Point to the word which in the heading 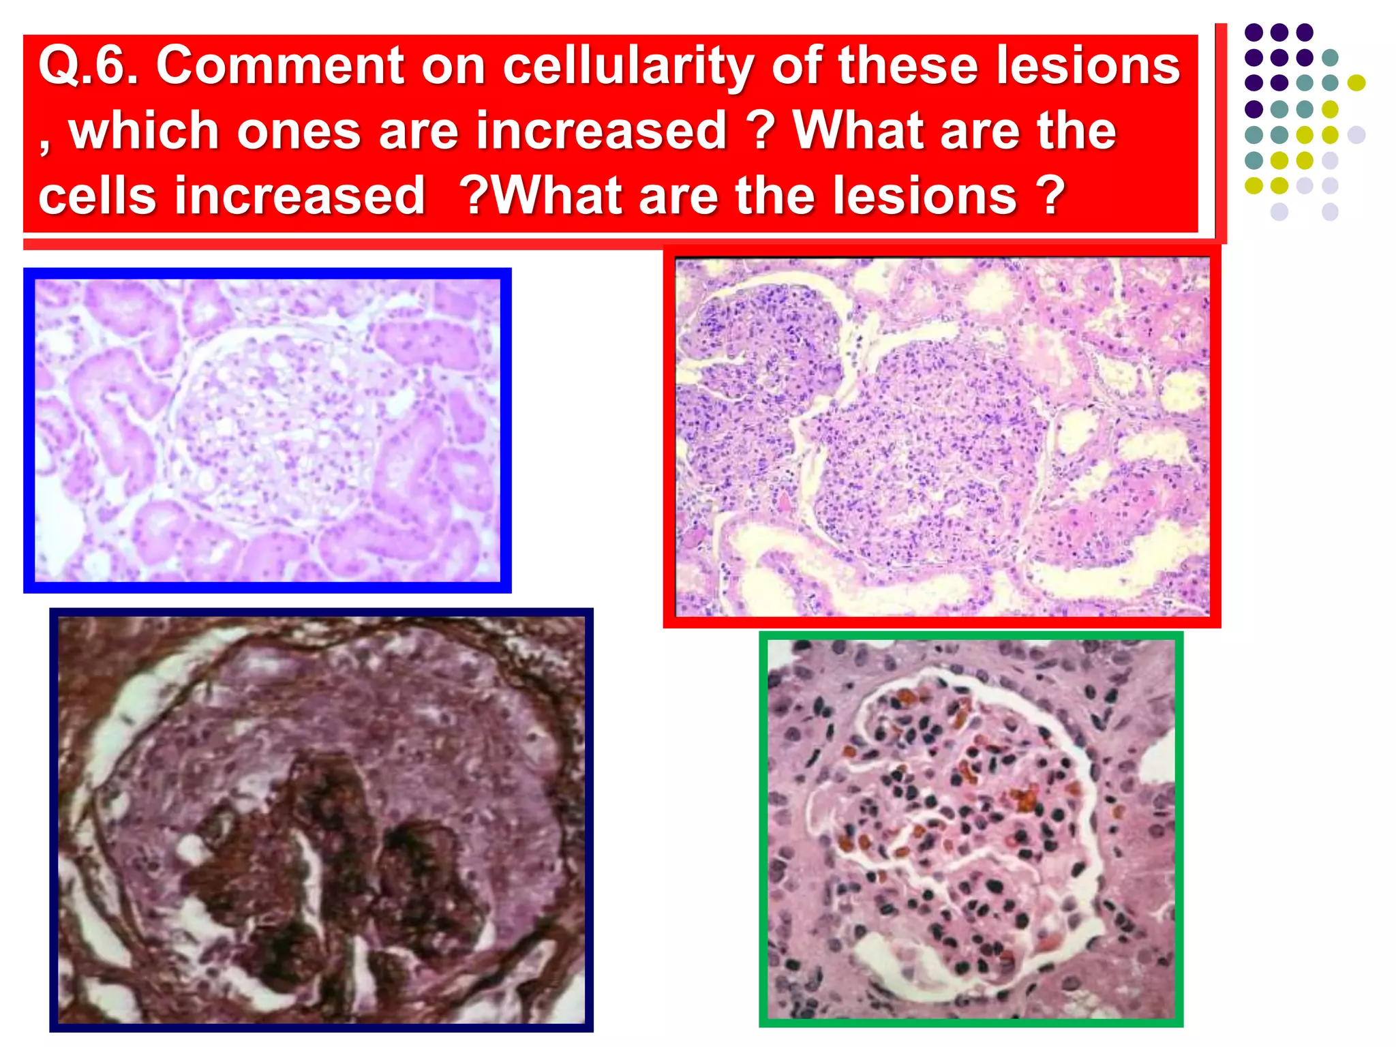coord(143,131)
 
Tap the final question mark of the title coord(1050,196)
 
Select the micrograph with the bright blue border coord(267,430)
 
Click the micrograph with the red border coord(941,436)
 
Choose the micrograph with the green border coord(971,829)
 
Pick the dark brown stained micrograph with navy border coord(321,819)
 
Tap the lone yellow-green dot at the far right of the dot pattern coord(1356,83)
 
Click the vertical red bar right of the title coord(1221,133)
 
